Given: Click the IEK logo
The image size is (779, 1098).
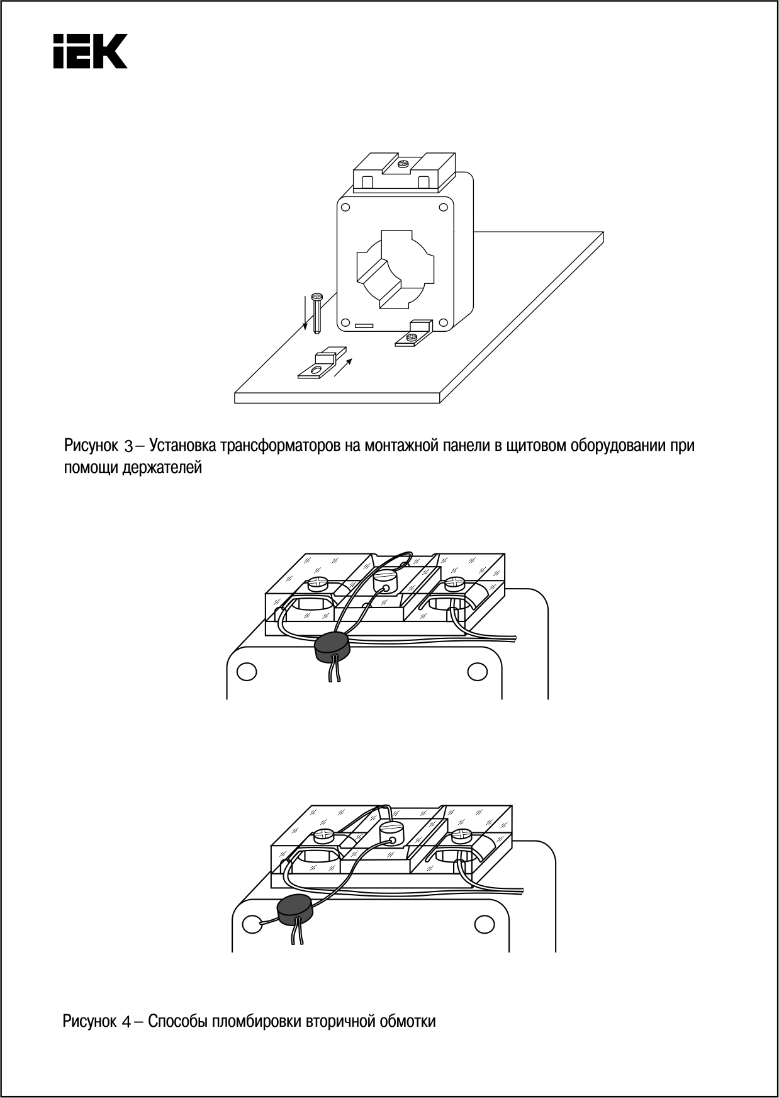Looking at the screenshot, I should (90, 51).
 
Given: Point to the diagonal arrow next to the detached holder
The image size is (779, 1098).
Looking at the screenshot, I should (344, 366).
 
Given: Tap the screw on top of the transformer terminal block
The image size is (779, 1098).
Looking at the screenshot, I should (403, 164).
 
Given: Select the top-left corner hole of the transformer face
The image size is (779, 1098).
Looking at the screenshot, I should (345, 207).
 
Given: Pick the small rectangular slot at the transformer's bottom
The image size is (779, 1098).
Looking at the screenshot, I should (364, 326).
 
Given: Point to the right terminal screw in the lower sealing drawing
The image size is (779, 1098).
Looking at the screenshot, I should (462, 836).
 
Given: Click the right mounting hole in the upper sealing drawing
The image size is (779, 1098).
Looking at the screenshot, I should (477, 672).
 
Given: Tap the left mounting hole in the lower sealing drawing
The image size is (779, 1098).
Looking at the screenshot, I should (251, 924).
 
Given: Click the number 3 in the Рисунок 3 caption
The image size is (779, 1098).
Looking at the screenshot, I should (128, 446).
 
